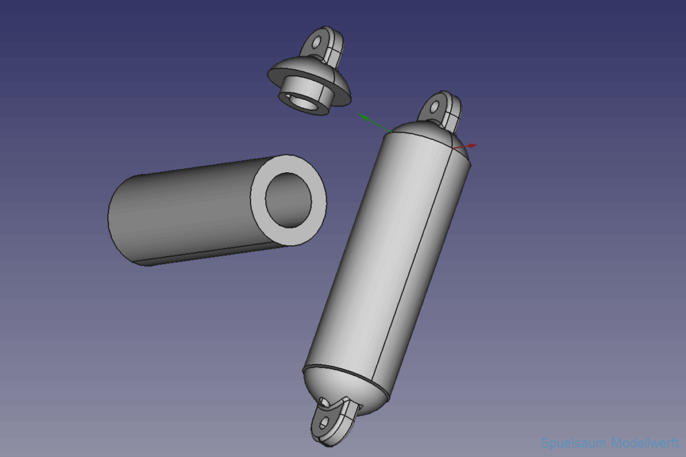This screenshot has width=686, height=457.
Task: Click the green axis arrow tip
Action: [x=358, y=114]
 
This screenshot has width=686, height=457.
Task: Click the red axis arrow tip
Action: [x=476, y=145]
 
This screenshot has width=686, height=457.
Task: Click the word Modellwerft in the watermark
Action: [x=644, y=442]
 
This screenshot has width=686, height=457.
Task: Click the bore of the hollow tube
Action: [x=288, y=200]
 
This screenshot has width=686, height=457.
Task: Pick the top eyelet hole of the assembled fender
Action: [x=434, y=107]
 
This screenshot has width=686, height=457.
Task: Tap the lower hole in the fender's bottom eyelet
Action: [x=324, y=423]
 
